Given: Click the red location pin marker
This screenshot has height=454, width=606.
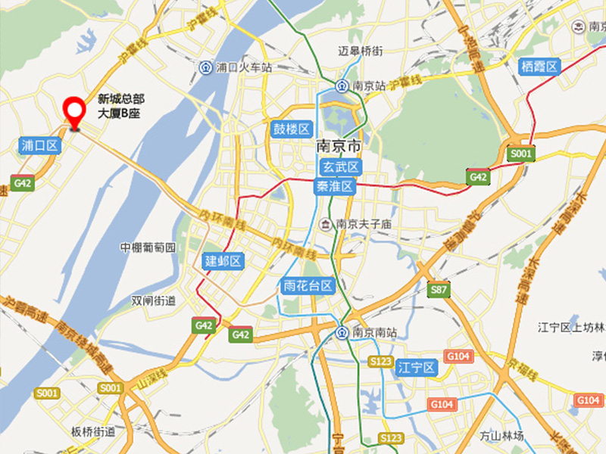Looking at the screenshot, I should coord(74,112).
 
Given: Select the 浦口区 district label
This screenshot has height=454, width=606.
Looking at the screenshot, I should coord(39,145).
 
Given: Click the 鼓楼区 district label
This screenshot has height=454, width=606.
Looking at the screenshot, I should coord(292,129).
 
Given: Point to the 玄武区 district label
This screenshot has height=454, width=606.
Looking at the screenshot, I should coord(337,167).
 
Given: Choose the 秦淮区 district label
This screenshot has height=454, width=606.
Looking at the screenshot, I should coord(335,186).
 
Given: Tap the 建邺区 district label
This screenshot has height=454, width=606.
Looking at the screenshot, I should coord(223,261).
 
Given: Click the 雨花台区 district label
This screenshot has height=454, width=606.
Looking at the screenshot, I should coord(308,285).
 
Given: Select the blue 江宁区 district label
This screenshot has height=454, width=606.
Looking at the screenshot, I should coord(417,368).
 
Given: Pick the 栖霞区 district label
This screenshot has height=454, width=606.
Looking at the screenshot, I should coord(539,66).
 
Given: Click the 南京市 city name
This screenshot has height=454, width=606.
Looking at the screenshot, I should coord(339,146).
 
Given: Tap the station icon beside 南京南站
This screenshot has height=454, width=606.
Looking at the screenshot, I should coord(342,332).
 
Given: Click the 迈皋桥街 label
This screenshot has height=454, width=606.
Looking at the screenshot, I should coord(360,51).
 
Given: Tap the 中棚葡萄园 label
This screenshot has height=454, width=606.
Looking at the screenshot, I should coord(148,247).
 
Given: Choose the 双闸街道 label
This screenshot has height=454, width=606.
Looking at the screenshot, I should coord(153,300).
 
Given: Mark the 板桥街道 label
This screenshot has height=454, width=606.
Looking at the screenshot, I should coord(93,432).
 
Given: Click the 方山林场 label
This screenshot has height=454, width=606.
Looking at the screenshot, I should coord(501,436).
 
